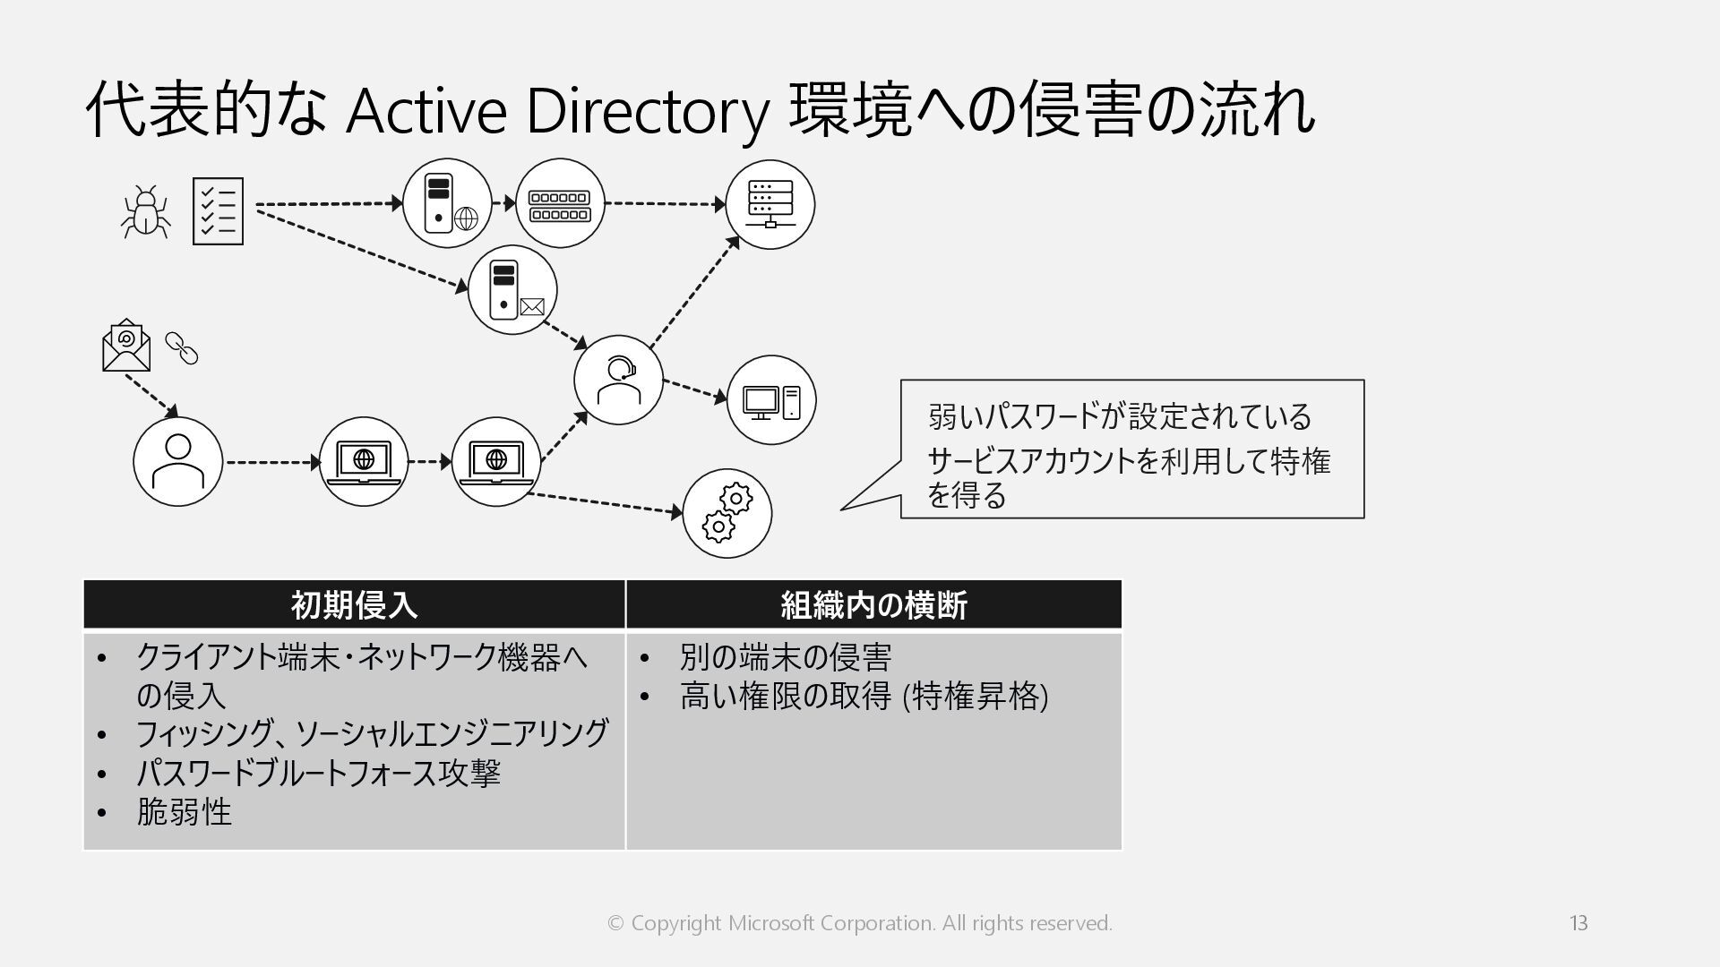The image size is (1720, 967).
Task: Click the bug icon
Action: pyautogui.click(x=146, y=212)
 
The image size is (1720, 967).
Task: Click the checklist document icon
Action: pyautogui.click(x=218, y=211)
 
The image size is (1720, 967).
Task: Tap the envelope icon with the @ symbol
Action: pyautogui.click(x=126, y=346)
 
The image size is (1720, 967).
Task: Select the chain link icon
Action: pyautogui.click(x=182, y=348)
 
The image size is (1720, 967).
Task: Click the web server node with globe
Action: pyautogui.click(x=447, y=203)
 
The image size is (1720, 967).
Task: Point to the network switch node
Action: pyautogui.click(x=560, y=204)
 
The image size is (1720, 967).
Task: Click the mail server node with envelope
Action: pyautogui.click(x=512, y=290)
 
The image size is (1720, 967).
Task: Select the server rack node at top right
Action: pyautogui.click(x=770, y=204)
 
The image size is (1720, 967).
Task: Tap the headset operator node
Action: pyautogui.click(x=618, y=380)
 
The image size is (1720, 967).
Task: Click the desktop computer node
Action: pyautogui.click(x=770, y=400)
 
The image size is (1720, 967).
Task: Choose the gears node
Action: pyautogui.click(x=727, y=513)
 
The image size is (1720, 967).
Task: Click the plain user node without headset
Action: pyautogui.click(x=177, y=462)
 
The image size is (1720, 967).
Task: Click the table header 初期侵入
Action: pyautogui.click(x=354, y=605)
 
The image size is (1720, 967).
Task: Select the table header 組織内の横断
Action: pyautogui.click(x=873, y=605)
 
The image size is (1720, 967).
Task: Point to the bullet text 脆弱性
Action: pyautogui.click(x=184, y=812)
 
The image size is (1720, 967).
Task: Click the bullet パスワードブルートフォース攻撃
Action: pyautogui.click(x=318, y=773)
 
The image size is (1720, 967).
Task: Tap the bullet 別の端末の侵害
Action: pyautogui.click(x=785, y=657)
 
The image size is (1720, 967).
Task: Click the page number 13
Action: pyautogui.click(x=1578, y=923)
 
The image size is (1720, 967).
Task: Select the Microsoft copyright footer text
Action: pyautogui.click(x=860, y=923)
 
